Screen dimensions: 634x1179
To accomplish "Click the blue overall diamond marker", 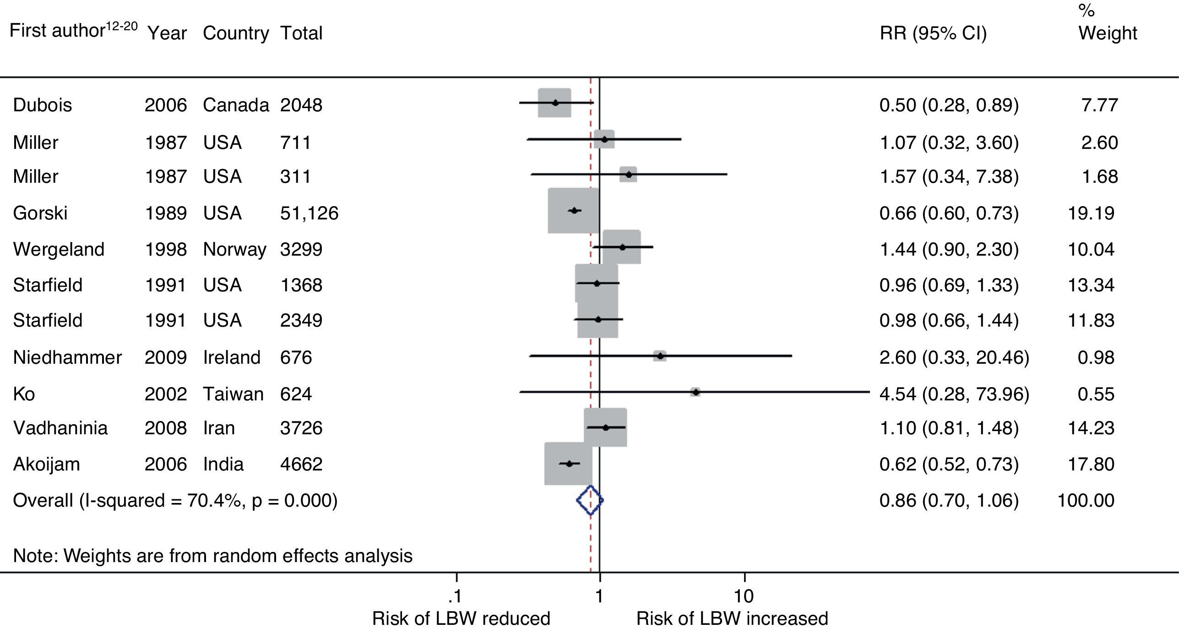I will [590, 500].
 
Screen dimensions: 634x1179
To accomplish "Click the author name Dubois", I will [42, 105].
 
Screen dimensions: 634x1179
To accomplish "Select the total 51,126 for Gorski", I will [309, 213].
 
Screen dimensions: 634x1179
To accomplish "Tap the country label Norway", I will [234, 250].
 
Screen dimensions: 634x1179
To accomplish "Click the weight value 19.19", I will [1091, 213].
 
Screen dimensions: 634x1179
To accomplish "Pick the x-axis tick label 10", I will [744, 596].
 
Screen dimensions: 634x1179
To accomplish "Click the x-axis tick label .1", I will [455, 596].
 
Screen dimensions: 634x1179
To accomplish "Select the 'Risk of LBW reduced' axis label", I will [461, 619].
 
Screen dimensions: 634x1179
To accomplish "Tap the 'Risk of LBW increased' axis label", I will [732, 619].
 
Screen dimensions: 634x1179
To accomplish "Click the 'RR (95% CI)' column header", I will [933, 33].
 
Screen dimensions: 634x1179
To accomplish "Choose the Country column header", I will [236, 33].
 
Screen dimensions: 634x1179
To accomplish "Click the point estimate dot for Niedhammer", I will [660, 355].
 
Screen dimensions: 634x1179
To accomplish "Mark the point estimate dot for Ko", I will [695, 392].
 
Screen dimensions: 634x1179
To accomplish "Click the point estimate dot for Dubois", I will [555, 103].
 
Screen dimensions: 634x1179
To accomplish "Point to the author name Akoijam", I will [46, 465].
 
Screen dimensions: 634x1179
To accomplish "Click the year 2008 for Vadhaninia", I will [166, 428].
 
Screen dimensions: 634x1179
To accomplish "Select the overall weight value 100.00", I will [1086, 501].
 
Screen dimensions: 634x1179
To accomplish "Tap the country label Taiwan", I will [234, 394].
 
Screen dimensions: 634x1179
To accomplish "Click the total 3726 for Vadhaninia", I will [301, 428].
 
